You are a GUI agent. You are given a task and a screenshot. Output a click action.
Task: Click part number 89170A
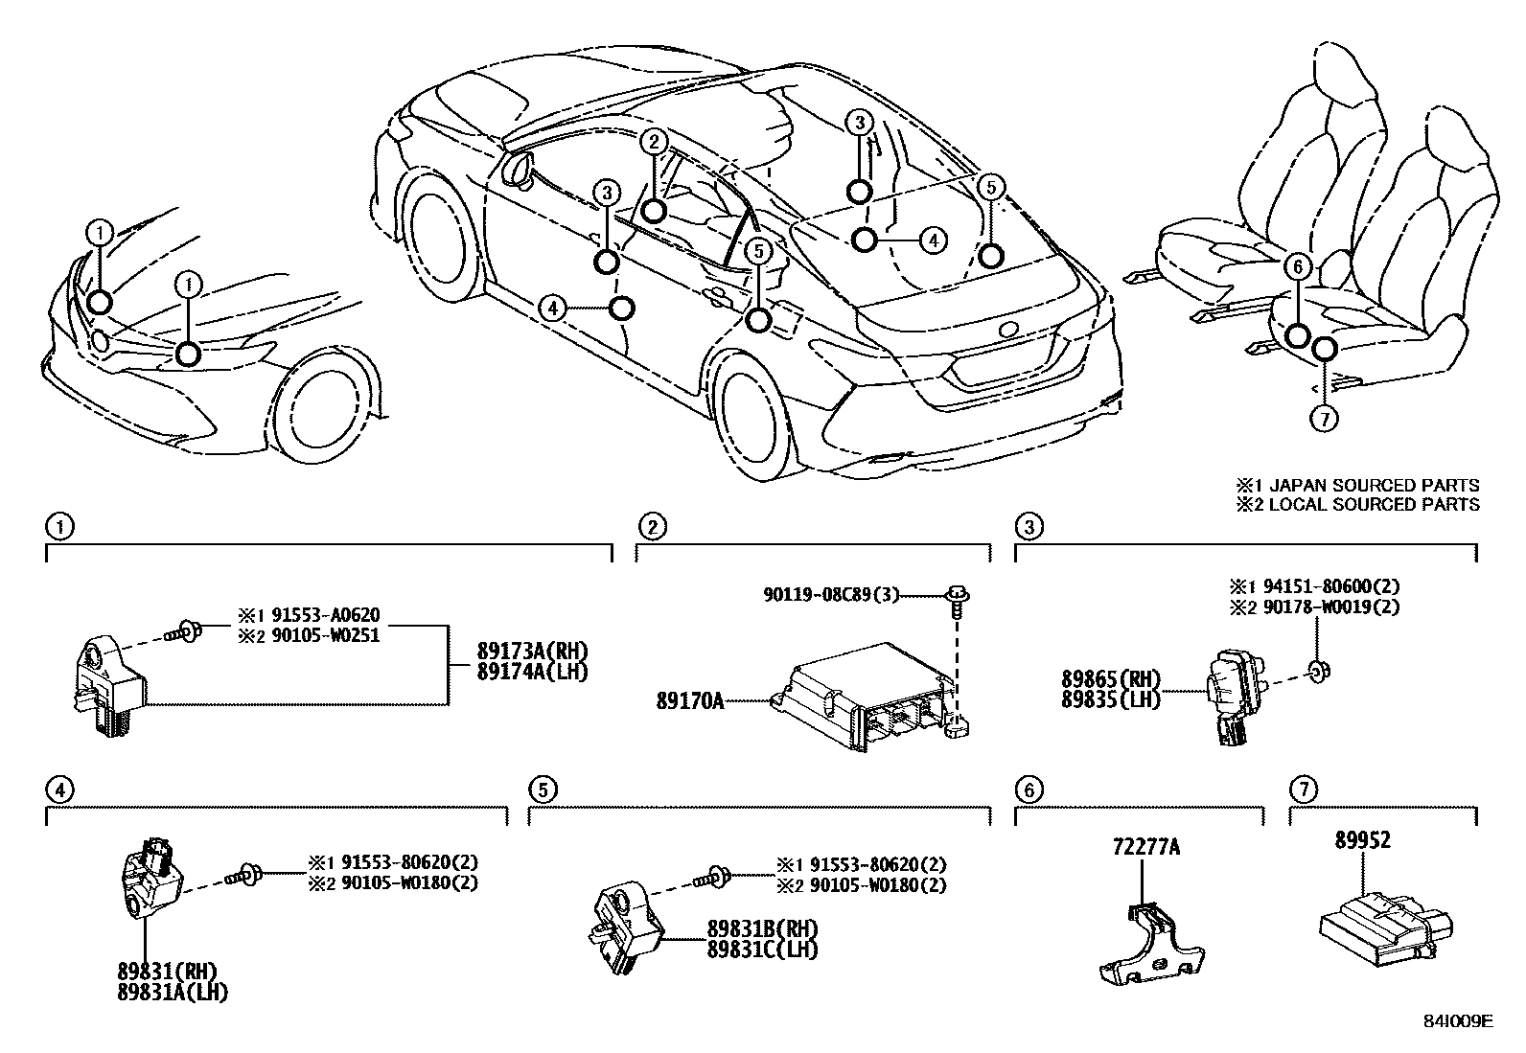689,701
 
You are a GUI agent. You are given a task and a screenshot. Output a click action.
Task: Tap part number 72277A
1145,847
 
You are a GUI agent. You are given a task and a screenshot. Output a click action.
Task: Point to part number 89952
1362,840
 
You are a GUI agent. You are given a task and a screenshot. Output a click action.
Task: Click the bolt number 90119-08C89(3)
832,595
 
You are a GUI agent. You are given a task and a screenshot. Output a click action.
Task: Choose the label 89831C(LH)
762,949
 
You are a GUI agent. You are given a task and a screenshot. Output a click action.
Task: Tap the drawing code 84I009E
1457,1021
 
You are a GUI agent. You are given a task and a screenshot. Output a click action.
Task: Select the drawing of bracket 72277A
1150,949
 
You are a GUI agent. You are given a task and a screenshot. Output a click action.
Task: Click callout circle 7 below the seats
1324,418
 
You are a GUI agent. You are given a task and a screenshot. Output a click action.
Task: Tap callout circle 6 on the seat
1297,266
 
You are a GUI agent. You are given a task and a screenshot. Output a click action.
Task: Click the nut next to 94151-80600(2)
1319,671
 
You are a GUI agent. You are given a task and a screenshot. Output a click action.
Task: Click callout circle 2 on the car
654,142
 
